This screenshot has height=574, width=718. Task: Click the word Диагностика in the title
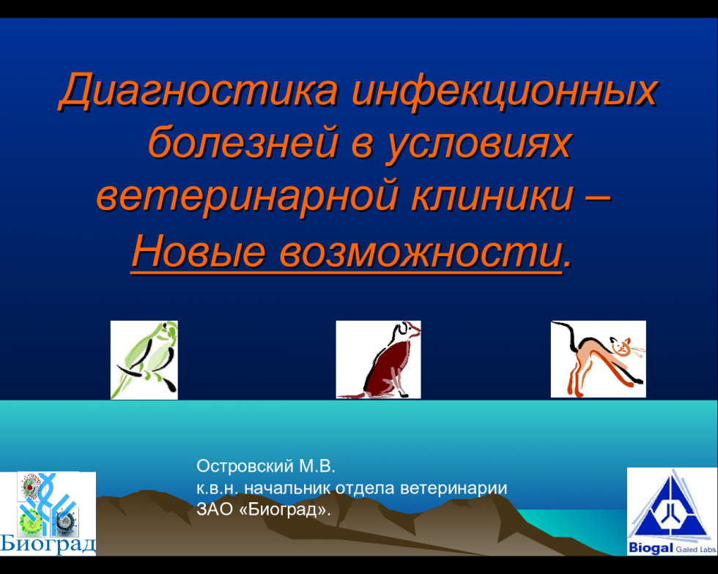[199, 90]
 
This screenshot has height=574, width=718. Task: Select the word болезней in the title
[243, 141]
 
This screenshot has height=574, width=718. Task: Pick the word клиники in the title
[492, 196]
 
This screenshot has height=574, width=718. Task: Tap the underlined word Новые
[199, 252]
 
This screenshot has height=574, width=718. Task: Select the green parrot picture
[144, 359]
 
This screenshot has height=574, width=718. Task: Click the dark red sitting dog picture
[378, 359]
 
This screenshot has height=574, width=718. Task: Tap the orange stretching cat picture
[599, 359]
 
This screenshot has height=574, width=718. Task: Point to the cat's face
[621, 346]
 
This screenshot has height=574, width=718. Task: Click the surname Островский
[245, 466]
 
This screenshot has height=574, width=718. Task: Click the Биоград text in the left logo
[48, 543]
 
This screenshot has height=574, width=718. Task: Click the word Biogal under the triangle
[651, 548]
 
